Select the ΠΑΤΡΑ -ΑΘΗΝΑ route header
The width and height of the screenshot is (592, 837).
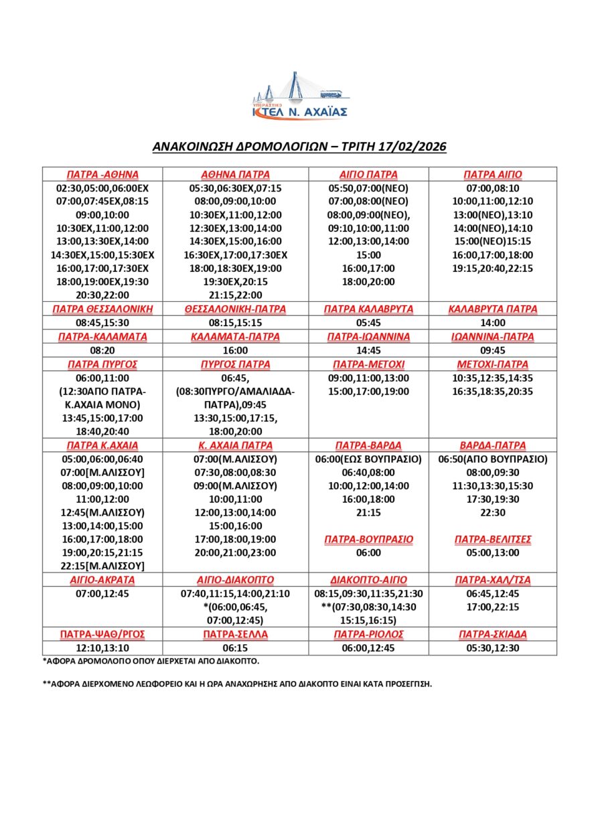pyautogui.click(x=102, y=174)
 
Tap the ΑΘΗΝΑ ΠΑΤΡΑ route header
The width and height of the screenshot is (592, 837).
pyautogui.click(x=236, y=174)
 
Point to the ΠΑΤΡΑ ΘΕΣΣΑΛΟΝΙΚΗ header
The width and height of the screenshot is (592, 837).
pyautogui.click(x=102, y=309)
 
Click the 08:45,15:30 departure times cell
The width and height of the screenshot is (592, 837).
pyautogui.click(x=102, y=322)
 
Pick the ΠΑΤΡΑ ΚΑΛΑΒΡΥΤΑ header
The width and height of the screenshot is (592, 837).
pyautogui.click(x=368, y=309)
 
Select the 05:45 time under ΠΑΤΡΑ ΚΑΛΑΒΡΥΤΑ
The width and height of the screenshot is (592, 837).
pyautogui.click(x=368, y=322)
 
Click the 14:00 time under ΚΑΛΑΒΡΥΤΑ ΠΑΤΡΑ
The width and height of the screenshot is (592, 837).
pyautogui.click(x=493, y=322)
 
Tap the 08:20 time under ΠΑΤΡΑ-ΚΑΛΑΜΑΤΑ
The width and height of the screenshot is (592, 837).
pyautogui.click(x=102, y=350)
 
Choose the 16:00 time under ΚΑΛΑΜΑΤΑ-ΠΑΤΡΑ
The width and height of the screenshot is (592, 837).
pyautogui.click(x=236, y=350)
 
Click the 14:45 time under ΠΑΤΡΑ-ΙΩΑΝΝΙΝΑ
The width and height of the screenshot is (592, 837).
pyautogui.click(x=368, y=350)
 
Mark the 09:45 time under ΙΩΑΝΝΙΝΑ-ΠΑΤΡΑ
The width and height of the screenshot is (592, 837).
pyautogui.click(x=493, y=350)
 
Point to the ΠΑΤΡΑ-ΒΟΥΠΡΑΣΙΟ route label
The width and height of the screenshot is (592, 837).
pyautogui.click(x=368, y=539)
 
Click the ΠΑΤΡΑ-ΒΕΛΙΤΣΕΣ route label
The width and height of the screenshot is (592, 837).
pyautogui.click(x=493, y=539)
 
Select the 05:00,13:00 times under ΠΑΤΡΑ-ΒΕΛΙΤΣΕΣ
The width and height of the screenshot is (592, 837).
pyautogui.click(x=493, y=552)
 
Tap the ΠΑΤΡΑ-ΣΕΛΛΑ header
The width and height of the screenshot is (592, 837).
pyautogui.click(x=236, y=634)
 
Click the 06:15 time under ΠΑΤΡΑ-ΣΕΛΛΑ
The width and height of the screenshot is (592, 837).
pyautogui.click(x=236, y=648)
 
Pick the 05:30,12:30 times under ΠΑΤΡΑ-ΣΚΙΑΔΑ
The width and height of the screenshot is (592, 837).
pyautogui.click(x=493, y=648)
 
